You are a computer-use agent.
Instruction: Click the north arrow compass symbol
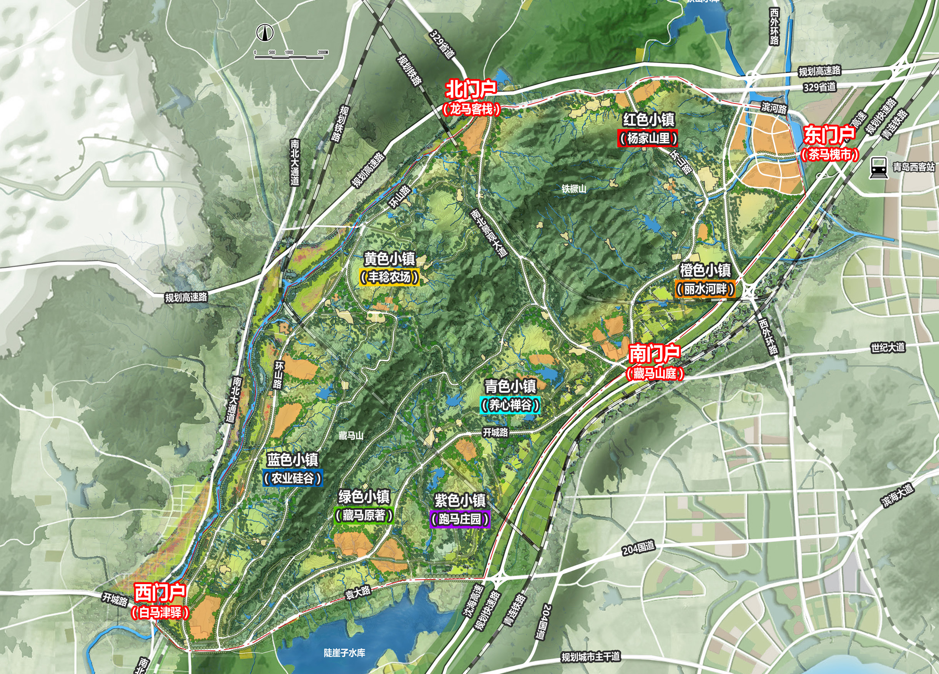click(x=265, y=32)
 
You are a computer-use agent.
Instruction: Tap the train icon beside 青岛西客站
click(x=878, y=168)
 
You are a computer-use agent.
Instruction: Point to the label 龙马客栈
click(x=471, y=109)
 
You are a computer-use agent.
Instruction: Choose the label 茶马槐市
click(x=830, y=154)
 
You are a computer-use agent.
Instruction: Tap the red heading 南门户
click(x=654, y=353)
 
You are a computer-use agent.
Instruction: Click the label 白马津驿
click(x=160, y=612)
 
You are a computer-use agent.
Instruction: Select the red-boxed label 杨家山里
click(x=648, y=138)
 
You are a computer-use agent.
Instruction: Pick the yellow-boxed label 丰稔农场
click(x=389, y=277)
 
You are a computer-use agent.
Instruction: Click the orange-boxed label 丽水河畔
click(x=705, y=289)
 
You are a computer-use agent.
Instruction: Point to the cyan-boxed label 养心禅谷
click(x=510, y=405)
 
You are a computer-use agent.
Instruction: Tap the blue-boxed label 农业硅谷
click(x=292, y=478)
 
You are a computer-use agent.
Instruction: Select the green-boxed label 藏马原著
click(x=364, y=515)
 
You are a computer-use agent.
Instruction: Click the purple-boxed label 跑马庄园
click(x=460, y=519)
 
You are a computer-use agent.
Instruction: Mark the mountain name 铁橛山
click(x=574, y=189)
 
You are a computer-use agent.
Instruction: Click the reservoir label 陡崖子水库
click(x=344, y=653)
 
